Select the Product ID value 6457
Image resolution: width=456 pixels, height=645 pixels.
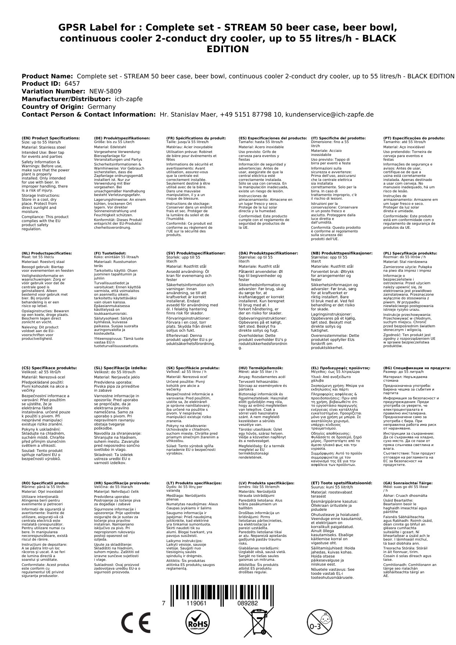(72, 84)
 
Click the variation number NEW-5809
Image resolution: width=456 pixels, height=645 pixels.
(105, 92)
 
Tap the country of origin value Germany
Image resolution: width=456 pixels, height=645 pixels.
(101, 107)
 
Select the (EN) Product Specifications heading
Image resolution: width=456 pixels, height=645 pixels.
(51, 138)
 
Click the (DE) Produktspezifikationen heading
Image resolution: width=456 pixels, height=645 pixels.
(122, 138)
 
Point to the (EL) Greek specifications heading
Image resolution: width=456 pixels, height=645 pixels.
(341, 368)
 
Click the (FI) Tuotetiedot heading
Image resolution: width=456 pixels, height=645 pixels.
(110, 253)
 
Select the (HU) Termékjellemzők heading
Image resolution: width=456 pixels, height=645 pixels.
(261, 368)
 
